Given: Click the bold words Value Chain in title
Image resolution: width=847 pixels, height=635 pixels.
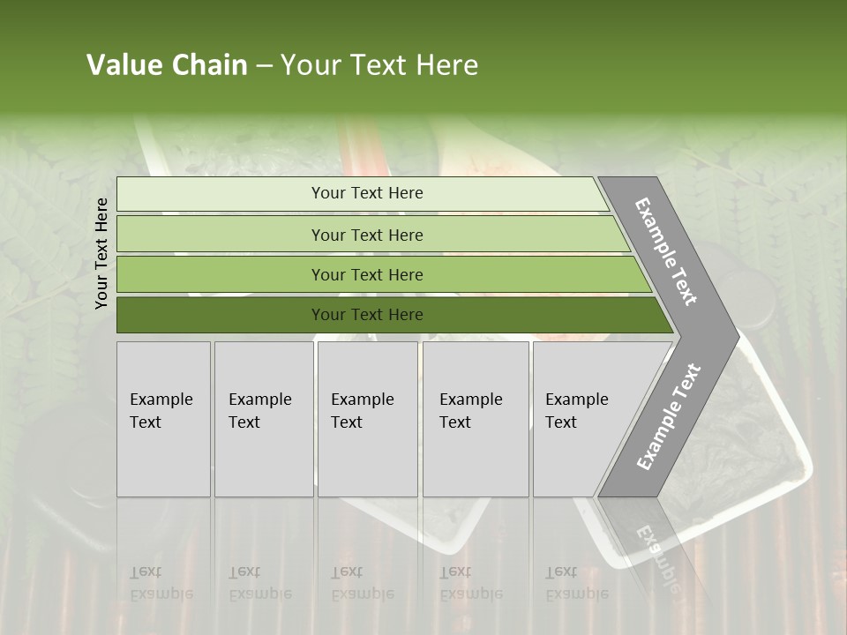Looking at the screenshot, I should pyautogui.click(x=167, y=65).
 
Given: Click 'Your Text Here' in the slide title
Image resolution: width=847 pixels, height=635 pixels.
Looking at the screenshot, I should pyautogui.click(x=379, y=65).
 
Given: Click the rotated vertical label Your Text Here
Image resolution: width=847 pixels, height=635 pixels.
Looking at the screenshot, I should pyautogui.click(x=101, y=253).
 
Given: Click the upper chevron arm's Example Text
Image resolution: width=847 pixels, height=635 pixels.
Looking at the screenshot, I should pyautogui.click(x=666, y=251).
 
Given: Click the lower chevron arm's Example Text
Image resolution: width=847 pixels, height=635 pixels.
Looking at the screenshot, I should pyautogui.click(x=668, y=417).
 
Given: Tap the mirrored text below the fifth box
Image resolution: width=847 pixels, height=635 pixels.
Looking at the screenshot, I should pyautogui.click(x=576, y=583).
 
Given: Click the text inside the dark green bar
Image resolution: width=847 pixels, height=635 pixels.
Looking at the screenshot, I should pyautogui.click(x=367, y=315).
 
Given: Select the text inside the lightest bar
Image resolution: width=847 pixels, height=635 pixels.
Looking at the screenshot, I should pyautogui.click(x=367, y=193).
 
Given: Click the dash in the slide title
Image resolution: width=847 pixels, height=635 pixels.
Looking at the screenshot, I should pyautogui.click(x=264, y=66).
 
